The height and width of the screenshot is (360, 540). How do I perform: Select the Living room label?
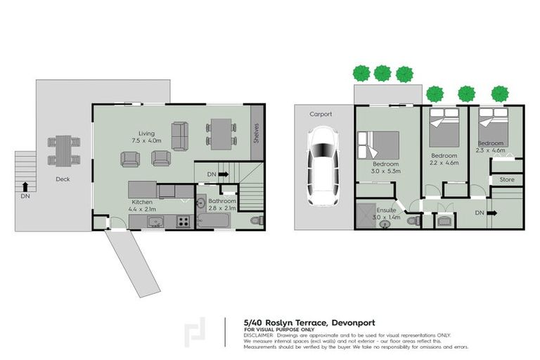pyautogui.click(x=146, y=133)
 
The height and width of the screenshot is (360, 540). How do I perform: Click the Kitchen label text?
pyautogui.click(x=141, y=202)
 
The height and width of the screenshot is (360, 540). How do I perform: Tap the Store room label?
pyautogui.click(x=507, y=180)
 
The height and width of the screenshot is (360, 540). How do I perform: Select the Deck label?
pyautogui.click(x=62, y=179)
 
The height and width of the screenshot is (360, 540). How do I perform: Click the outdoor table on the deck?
pyautogui.click(x=63, y=150)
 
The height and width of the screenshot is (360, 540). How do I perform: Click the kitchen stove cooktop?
pyautogui.click(x=184, y=221)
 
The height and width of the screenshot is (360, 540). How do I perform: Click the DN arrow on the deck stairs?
pyautogui.click(x=25, y=186)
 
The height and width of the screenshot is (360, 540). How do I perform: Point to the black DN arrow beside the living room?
pyautogui.click(x=224, y=174)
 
